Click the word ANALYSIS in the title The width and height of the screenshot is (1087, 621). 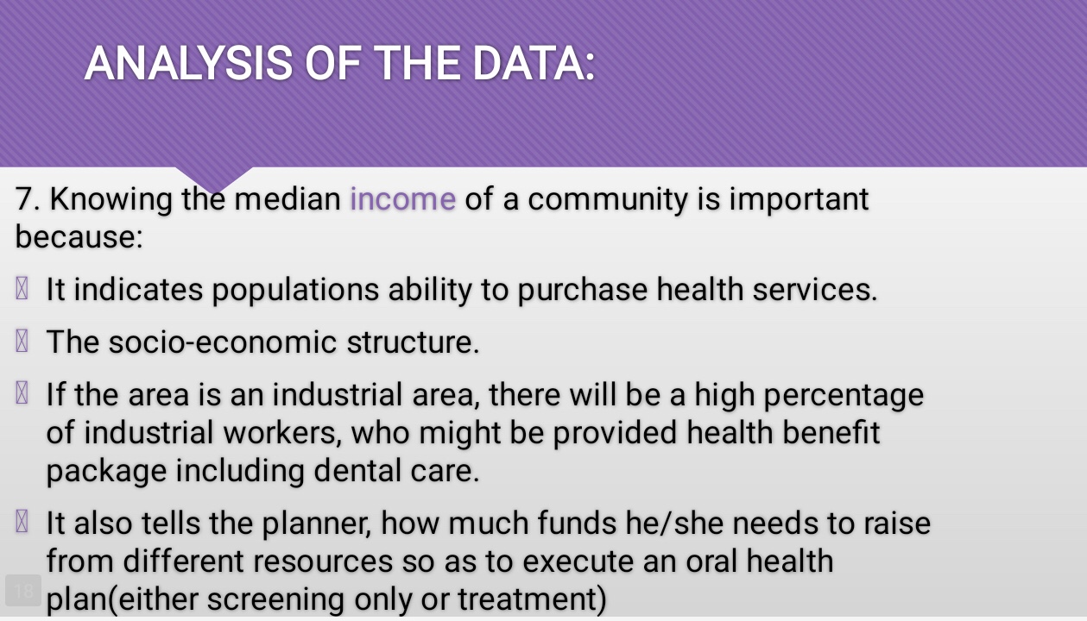click(189, 64)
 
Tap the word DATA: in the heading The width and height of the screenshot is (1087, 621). click(534, 64)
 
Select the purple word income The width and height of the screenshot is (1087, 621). click(403, 198)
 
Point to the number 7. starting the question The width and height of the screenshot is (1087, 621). click(28, 198)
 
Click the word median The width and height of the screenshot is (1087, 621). click(288, 198)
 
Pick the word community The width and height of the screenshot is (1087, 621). click(608, 200)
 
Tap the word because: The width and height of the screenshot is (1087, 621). click(79, 236)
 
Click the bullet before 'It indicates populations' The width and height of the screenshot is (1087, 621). click(22, 288)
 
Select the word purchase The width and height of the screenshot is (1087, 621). click(582, 291)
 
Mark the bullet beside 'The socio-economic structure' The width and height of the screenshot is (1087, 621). click(22, 341)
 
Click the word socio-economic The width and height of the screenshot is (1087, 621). click(223, 342)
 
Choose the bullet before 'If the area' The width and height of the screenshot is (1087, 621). click(22, 392)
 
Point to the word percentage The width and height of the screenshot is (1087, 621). click(844, 396)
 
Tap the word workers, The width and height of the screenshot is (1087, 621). click(282, 432)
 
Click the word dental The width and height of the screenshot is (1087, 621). click(357, 470)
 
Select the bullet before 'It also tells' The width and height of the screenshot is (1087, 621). click(22, 521)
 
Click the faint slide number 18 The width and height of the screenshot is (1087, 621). click(23, 591)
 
